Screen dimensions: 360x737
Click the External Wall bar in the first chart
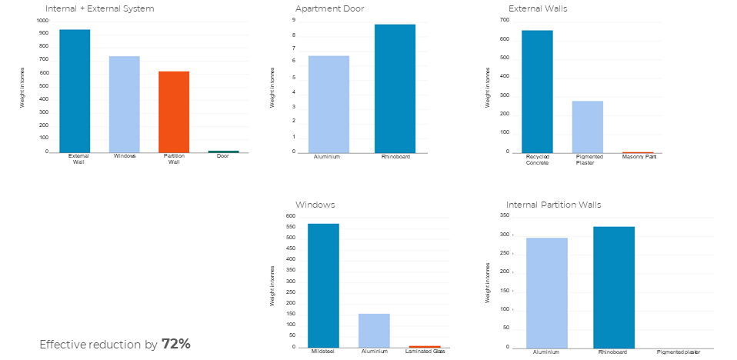coord(75,91)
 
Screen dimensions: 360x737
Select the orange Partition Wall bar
coord(174,112)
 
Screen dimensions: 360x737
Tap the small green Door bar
coord(223,152)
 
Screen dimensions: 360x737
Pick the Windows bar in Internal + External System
coord(124,104)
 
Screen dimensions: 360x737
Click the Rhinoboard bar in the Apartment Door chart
coord(395,88)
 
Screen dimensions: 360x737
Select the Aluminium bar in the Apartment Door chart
coord(328,104)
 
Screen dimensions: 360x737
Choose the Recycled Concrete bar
coord(537,92)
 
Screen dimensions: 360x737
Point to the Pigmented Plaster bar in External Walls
coord(588,127)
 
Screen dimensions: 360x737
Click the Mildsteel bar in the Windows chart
coord(323,285)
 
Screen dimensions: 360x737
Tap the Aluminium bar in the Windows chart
coord(374,330)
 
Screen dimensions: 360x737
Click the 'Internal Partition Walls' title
coord(554,205)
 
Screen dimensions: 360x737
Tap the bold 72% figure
coord(175,344)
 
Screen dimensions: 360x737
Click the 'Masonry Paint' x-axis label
coord(639,156)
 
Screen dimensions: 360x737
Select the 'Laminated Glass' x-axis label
coord(425,352)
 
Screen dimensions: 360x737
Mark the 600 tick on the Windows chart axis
coord(291,216)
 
